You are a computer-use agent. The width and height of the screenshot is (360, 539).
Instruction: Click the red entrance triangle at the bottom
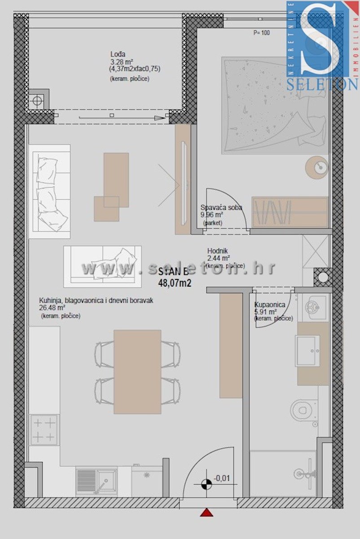coord(206,512)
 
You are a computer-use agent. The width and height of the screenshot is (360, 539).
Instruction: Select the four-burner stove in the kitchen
coord(44,430)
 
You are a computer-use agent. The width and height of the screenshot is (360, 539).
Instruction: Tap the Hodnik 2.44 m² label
coord(219,255)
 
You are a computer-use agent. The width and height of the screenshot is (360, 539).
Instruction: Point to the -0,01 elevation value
coord(221,478)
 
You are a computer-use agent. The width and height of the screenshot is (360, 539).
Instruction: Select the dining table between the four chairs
coord(137,371)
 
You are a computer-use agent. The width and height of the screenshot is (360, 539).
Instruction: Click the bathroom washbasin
coord(307,351)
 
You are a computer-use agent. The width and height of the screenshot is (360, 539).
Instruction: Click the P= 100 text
coord(262,33)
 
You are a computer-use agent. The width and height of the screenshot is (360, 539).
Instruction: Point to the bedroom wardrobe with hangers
coord(290,212)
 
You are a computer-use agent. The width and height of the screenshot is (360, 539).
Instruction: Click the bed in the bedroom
coord(274,106)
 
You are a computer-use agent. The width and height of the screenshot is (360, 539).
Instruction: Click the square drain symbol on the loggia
coord(37,101)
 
